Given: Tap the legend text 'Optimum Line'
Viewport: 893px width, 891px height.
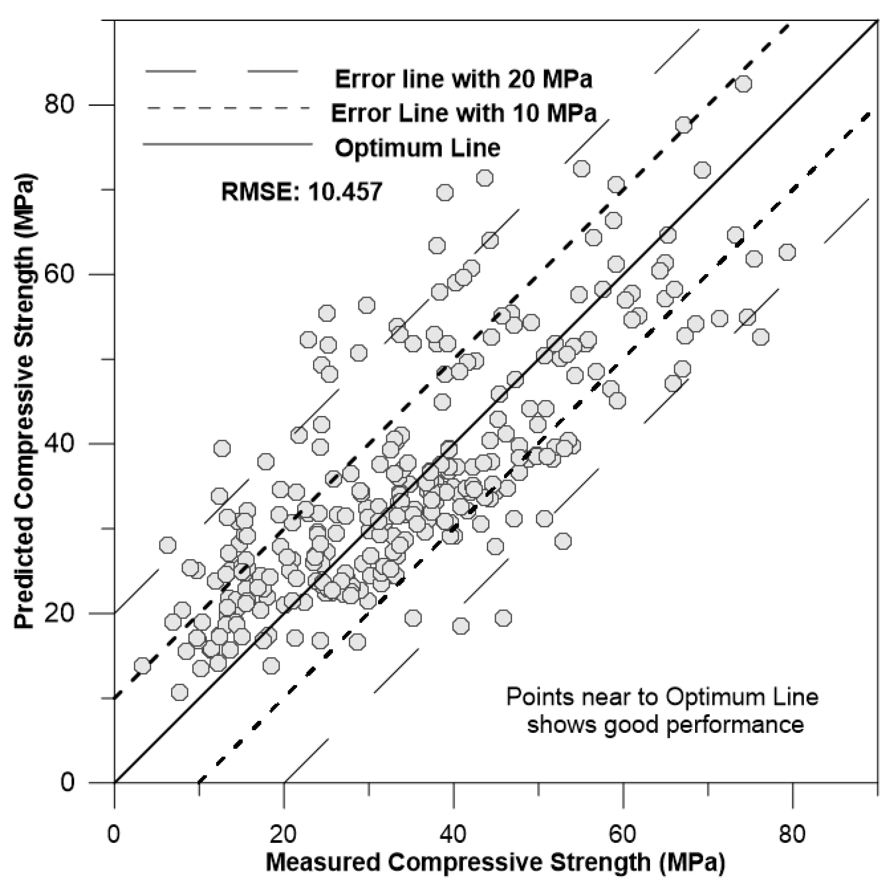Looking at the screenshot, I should pyautogui.click(x=417, y=148).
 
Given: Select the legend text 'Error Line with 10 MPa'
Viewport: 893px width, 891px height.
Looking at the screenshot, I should pyautogui.click(x=464, y=113).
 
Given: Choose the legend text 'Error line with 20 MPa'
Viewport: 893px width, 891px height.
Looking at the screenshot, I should pyautogui.click(x=463, y=80).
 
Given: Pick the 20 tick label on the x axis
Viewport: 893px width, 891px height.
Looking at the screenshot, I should pyautogui.click(x=283, y=834).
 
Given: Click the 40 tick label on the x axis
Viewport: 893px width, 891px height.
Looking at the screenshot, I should pyautogui.click(x=453, y=834).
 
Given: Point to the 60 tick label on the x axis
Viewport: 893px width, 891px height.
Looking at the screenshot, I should pyautogui.click(x=623, y=834).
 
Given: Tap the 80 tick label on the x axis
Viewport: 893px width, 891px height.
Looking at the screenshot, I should pyautogui.click(x=792, y=834).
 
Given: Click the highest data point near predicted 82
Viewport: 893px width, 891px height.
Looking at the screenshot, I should pyautogui.click(x=743, y=84).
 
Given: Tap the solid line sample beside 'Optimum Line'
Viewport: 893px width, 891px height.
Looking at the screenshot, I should pyautogui.click(x=227, y=145).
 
